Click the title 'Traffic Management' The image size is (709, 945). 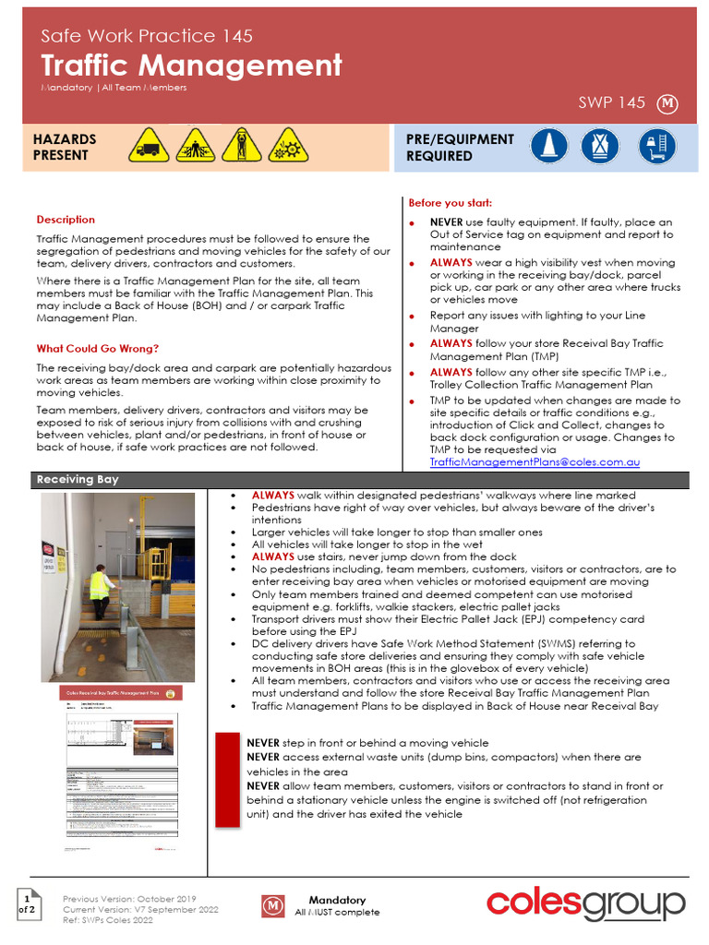point(191,66)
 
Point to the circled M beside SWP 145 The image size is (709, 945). point(667,104)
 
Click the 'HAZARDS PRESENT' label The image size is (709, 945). point(65,148)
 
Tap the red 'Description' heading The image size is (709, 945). point(66,220)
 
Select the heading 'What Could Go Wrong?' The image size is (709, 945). point(97,349)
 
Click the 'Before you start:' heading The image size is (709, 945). point(451,203)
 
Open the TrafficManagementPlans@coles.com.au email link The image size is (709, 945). point(535,461)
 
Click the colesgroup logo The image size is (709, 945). point(585,903)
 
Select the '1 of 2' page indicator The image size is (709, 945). point(29,903)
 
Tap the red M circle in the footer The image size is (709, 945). point(273,906)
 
